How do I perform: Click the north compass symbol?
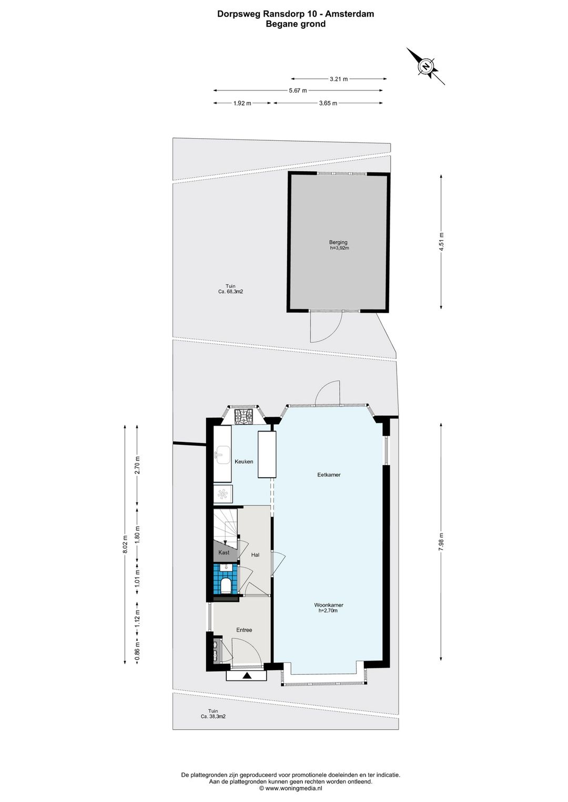coord(426,66)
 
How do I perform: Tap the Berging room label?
coord(339,243)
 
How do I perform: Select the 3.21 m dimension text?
coord(339,79)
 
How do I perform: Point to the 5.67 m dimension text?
coord(298,90)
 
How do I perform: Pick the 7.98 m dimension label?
coord(442,541)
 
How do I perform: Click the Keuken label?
coord(244,461)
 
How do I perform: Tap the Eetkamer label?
coord(329,475)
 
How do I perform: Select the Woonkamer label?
coord(329,605)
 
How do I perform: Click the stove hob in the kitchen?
coord(244,417)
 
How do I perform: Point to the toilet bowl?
coord(226,584)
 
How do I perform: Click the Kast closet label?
coord(224,552)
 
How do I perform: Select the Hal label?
coord(255,554)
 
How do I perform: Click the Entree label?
coord(244,630)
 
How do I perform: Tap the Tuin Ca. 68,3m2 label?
coord(230,289)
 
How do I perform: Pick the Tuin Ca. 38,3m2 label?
coord(213,714)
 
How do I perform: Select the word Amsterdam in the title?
coord(350,14)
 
